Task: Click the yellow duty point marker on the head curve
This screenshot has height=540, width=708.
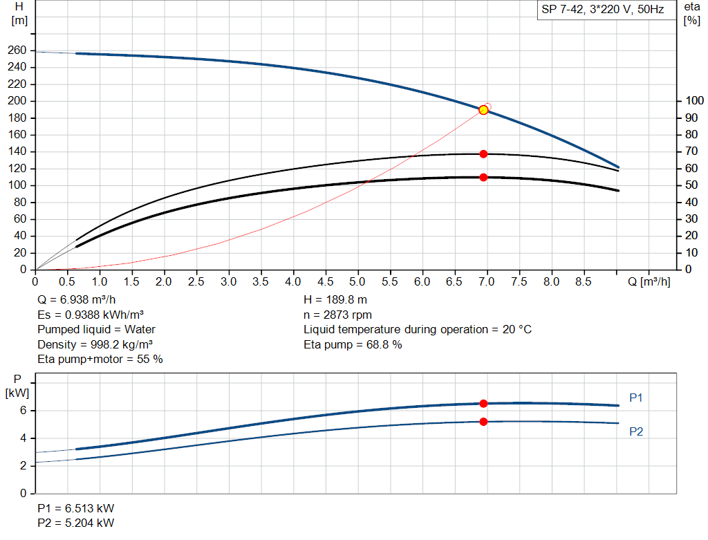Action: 483,110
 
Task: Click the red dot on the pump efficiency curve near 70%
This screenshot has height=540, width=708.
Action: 483,153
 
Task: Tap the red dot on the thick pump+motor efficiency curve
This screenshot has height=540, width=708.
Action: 483,177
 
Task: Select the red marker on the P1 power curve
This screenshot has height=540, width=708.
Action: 483,403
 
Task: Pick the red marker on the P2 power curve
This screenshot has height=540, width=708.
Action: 483,422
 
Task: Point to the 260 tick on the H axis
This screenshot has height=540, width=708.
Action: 18,50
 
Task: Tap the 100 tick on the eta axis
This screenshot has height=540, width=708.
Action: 693,101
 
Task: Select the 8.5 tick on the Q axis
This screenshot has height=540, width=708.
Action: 584,281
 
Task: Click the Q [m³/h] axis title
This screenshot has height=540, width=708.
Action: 649,281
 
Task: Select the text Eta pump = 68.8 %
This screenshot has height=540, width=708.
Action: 353,344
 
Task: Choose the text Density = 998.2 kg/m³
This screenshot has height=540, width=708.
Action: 95,344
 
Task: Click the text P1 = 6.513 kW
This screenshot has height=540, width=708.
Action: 76,508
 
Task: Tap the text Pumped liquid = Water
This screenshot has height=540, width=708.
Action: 96,329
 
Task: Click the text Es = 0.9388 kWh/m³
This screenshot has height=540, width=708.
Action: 91,315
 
